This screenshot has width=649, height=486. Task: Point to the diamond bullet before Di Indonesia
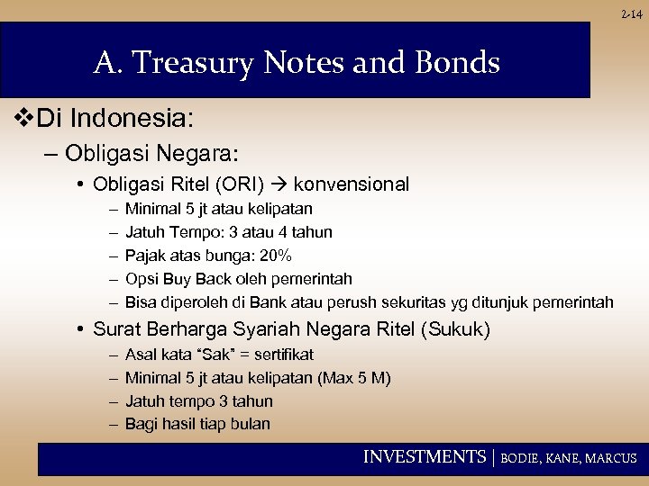(24, 118)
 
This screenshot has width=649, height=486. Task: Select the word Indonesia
(146, 118)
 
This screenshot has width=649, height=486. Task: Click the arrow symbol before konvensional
(279, 184)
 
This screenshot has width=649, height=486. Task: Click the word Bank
(290, 302)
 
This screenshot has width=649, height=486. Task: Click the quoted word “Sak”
(206, 355)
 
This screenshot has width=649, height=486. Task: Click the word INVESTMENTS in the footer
(424, 457)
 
